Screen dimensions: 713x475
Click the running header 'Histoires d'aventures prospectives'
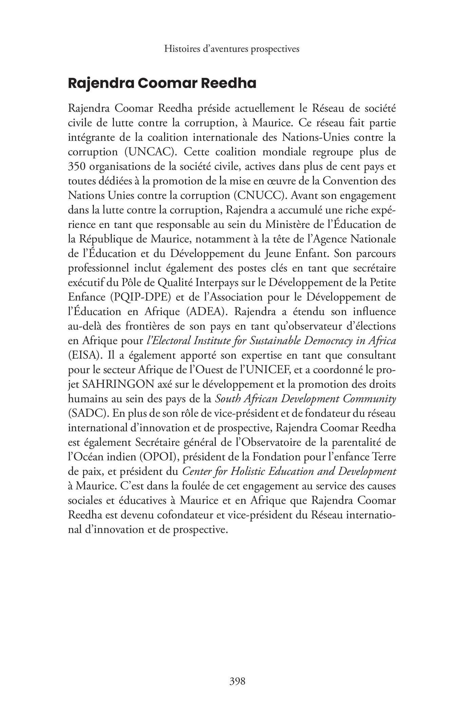(232, 49)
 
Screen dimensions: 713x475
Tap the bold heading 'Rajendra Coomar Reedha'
(162, 84)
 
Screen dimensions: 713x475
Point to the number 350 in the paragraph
(76, 166)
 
